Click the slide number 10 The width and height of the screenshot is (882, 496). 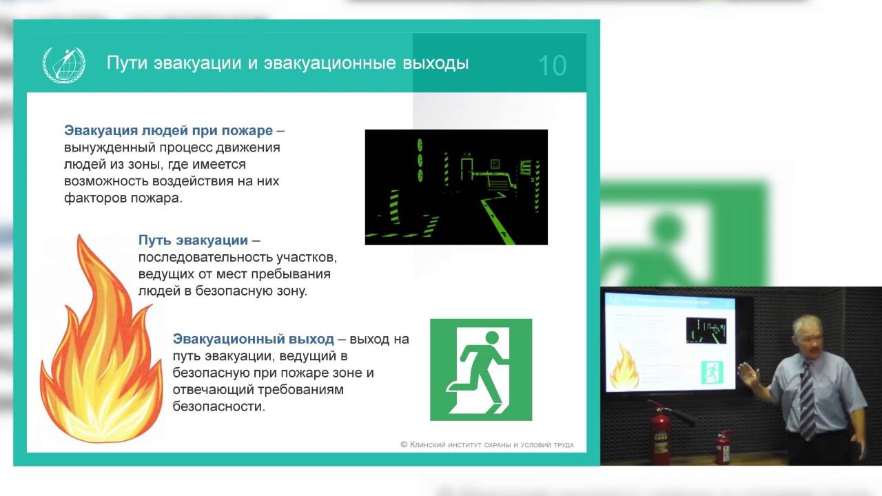point(551,65)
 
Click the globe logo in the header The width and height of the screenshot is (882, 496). point(64,64)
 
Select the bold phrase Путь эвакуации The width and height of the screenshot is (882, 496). point(193,240)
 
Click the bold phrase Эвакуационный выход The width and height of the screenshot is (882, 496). point(253,339)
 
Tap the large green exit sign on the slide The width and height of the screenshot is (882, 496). point(481,369)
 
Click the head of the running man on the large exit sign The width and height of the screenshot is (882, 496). point(491,338)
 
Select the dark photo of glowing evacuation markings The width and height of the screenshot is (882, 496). point(456,187)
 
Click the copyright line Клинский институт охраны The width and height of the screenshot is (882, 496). point(486,445)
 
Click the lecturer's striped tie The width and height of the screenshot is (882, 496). point(806,400)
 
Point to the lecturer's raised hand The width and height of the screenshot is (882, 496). point(747,374)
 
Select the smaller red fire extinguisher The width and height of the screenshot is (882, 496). point(721,447)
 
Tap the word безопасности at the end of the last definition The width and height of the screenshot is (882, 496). point(218,406)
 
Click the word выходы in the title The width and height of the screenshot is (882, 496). point(435,63)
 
